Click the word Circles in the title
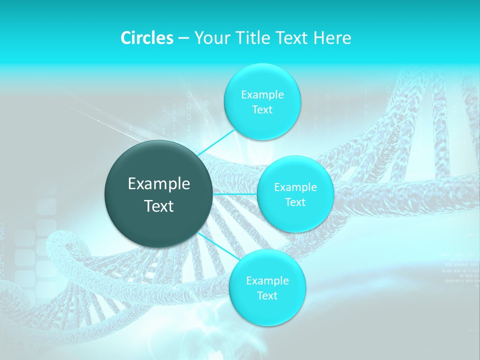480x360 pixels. pos(147,38)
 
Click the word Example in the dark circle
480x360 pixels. pos(159,184)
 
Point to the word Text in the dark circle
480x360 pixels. pos(159,205)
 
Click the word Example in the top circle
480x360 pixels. pos(262,95)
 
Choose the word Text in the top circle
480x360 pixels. pos(262,109)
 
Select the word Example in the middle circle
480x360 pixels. pos(295,187)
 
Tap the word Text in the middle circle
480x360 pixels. pos(295,202)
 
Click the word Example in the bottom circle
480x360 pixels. pos(267,281)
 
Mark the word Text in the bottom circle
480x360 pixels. pos(267,295)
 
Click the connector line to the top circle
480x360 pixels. pos(216,141)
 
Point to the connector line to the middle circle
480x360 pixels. pos(235,193)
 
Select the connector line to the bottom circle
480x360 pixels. pos(218,245)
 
